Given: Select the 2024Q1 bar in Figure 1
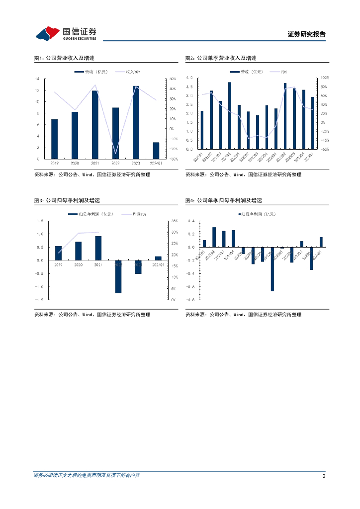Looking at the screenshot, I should pyautogui.click(x=156, y=150).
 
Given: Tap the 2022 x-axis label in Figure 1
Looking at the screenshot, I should pyautogui.click(x=115, y=163).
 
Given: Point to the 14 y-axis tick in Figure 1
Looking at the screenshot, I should pyautogui.click(x=37, y=79).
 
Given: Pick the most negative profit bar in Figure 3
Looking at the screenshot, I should pyautogui.click(x=118, y=276).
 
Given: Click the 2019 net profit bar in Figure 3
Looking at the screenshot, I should pyautogui.click(x=58, y=253).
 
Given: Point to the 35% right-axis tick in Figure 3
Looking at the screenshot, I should pyautogui.click(x=174, y=221).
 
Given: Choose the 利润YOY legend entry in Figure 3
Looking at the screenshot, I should pyautogui.click(x=139, y=214).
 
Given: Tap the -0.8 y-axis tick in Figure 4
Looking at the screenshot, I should pyautogui.click(x=190, y=300).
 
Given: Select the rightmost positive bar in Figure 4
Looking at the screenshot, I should pyautogui.click(x=321, y=242).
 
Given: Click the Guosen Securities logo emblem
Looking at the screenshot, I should pyautogui.click(x=48, y=34).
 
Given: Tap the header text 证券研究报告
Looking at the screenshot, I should pyautogui.click(x=306, y=34).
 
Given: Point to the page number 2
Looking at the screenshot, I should pyautogui.click(x=324, y=476).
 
